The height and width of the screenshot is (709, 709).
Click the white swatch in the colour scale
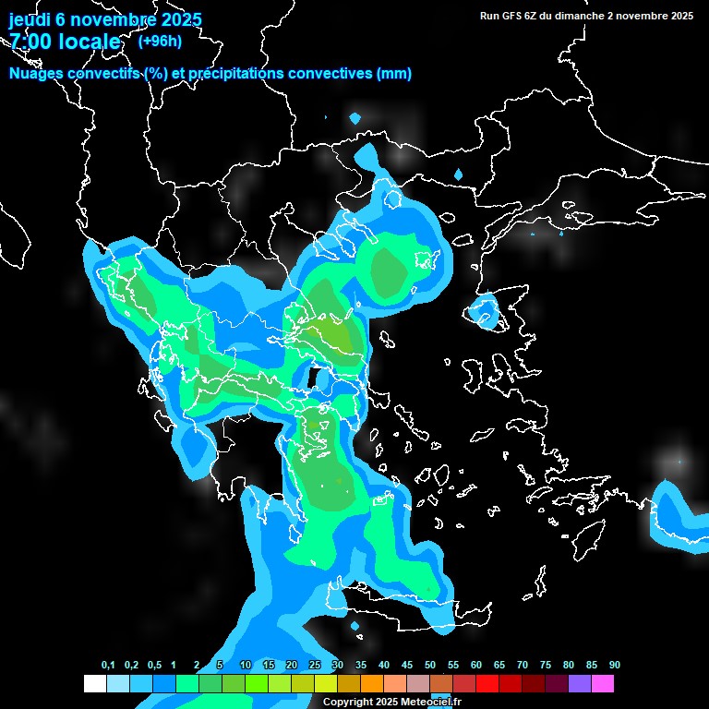[94, 684]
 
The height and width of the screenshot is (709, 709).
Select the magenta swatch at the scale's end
[603, 684]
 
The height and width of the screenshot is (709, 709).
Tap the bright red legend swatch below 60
[487, 684]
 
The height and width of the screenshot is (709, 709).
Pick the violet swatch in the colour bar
[580, 684]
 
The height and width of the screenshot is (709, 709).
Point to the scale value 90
[615, 666]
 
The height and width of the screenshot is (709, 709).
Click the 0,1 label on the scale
[108, 666]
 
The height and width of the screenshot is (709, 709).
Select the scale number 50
[430, 666]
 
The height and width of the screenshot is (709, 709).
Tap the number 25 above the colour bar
[315, 666]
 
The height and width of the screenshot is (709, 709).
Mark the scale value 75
[546, 666]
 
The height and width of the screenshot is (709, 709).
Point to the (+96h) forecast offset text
[160, 41]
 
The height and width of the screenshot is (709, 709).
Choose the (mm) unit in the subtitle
[393, 74]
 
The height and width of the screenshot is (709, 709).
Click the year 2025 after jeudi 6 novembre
[181, 19]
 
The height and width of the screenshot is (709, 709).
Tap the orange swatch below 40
[372, 684]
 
